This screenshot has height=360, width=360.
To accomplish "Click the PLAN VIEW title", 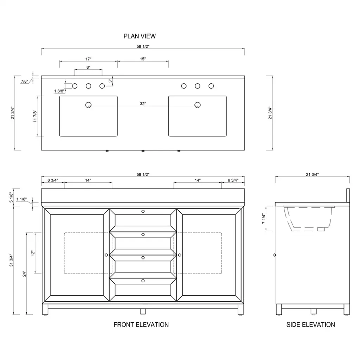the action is point(140,36).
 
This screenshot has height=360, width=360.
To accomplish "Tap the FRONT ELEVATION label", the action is point(141,324).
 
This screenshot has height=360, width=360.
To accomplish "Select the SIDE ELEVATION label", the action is point(311,324).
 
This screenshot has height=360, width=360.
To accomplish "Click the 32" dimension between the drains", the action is point(143,104).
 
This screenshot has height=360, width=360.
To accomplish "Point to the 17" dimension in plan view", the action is point(88,59).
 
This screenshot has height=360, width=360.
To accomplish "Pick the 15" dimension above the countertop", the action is point(143,59).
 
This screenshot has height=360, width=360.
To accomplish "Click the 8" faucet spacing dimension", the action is point(88,67).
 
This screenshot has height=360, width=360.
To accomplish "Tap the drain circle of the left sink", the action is point(88,105).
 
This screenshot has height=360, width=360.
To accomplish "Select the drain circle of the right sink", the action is point(198,105).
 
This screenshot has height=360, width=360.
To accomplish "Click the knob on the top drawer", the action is point(143,211).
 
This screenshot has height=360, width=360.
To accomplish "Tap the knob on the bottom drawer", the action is point(143,281).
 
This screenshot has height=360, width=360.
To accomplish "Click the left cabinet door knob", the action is point(106,255).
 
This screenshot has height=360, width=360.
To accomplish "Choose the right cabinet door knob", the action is point(180,255).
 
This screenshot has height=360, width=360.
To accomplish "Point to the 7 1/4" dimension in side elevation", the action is point(264,219).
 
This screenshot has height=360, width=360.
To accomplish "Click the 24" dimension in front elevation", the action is point(24,274).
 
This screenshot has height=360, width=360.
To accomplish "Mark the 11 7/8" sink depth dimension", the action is point(35,116).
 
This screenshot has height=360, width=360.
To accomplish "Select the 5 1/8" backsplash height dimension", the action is point(11,198).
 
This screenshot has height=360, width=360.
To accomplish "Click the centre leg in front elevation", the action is point(143,311).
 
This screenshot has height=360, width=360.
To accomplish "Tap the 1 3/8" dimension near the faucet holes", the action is point(59,91).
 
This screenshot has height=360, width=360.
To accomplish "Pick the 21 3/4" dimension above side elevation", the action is point(312,174).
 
